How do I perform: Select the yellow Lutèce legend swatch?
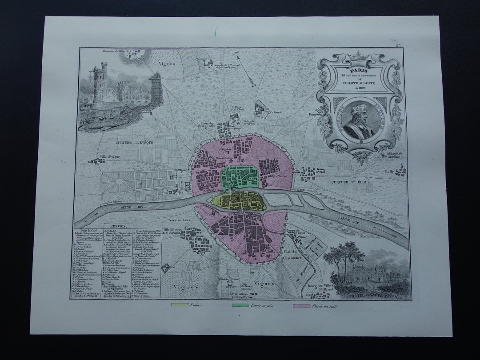[x=180, y=306]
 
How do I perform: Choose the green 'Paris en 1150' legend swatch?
[x=240, y=306]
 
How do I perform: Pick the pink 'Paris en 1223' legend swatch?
[x=301, y=306]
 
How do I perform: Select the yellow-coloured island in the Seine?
[x=238, y=201]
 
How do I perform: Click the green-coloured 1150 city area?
[x=240, y=178]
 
